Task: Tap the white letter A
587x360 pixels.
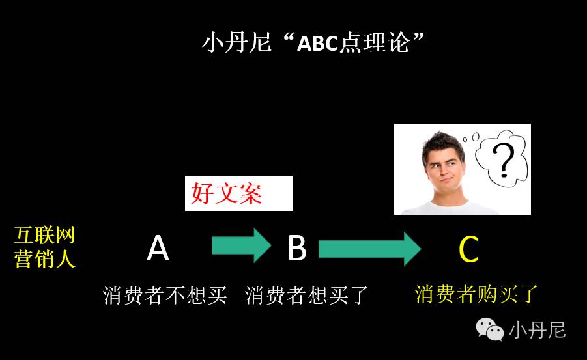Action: point(158,248)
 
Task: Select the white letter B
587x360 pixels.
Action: point(297,248)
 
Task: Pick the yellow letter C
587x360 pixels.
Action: point(469,248)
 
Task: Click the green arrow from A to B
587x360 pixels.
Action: point(240,245)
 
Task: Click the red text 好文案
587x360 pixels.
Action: point(227,194)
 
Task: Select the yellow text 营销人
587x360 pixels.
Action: point(45,259)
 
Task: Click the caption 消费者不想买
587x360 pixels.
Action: point(165,296)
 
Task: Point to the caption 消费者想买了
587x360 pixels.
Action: point(307,296)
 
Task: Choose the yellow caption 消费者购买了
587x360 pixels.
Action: point(476,294)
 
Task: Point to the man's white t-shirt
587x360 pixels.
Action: point(450,208)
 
